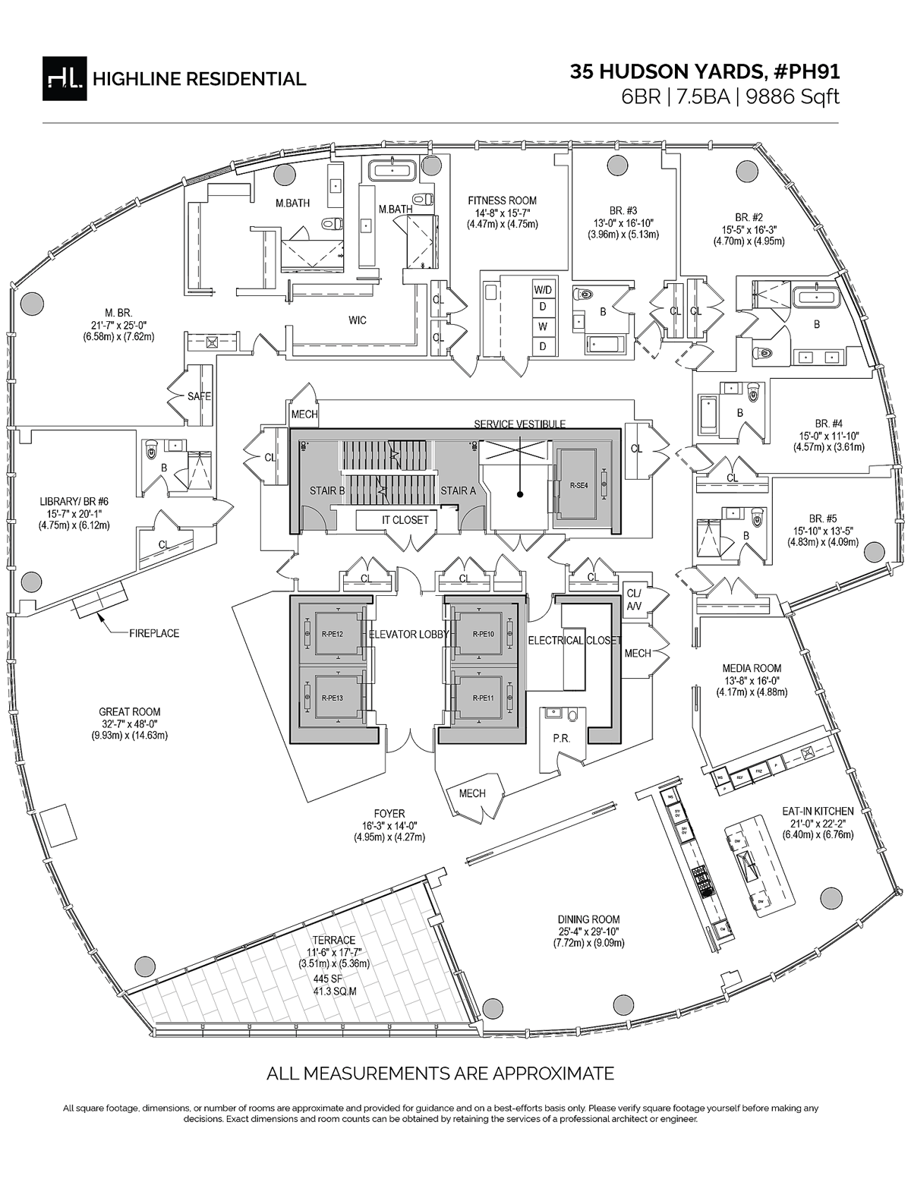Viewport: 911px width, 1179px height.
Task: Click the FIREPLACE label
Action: (x=154, y=632)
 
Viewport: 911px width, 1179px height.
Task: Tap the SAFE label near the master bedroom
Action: (x=199, y=396)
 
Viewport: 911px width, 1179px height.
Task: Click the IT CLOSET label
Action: (x=405, y=520)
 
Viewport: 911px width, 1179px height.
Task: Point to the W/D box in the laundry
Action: (x=543, y=290)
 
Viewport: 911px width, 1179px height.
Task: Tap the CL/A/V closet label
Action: (x=633, y=600)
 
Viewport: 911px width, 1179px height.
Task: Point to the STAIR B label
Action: (x=327, y=490)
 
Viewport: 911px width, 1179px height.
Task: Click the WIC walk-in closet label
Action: (x=358, y=320)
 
